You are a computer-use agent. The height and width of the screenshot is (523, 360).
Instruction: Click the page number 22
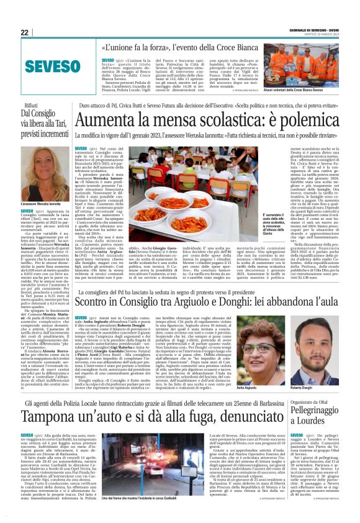(25, 32)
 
